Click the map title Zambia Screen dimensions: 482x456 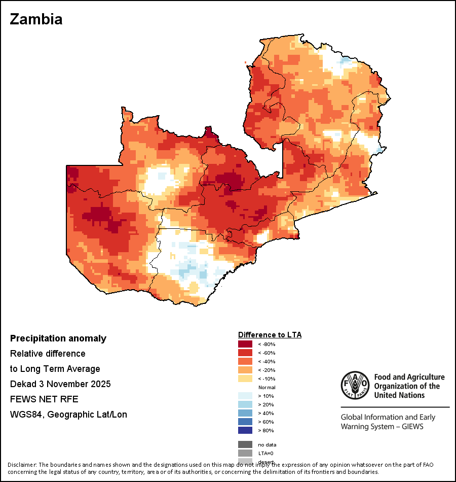pos(36,19)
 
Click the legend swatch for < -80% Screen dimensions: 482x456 pos(245,344)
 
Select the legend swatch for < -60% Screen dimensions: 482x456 pos(245,353)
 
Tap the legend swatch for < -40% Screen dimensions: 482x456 pos(245,361)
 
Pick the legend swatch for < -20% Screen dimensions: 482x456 pos(245,370)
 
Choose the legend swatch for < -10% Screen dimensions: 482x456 pos(245,378)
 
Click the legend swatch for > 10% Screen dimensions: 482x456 pos(245,396)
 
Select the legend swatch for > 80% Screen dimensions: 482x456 pos(245,430)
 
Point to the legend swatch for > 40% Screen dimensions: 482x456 pos(245,413)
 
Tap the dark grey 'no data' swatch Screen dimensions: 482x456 pos(245,444)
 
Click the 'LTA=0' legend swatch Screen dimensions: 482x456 pos(245,453)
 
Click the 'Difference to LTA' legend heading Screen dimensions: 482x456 pos(270,335)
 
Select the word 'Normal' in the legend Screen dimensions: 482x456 pos(267,387)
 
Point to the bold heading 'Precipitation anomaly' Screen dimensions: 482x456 pos(58,338)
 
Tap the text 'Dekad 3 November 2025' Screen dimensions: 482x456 pos(60,384)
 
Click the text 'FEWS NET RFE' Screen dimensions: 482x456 pos(44,399)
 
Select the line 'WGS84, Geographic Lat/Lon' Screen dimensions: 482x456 pos(68,415)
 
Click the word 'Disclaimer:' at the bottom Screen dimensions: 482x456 pos(21,465)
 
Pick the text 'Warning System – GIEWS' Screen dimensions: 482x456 pos(382,427)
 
